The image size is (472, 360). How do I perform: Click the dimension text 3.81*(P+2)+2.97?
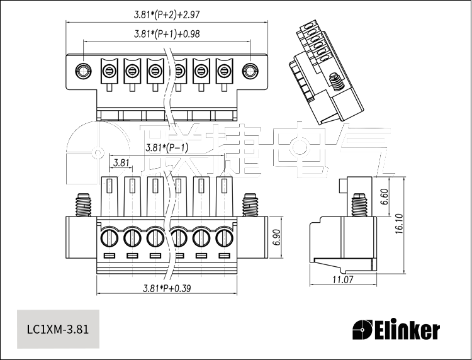(x=167, y=13)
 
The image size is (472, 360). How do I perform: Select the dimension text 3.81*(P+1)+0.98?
(x=167, y=34)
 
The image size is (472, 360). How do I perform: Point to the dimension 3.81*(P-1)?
(x=167, y=149)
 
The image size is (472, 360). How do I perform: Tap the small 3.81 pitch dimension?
(x=121, y=162)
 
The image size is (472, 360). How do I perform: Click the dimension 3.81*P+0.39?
(x=167, y=288)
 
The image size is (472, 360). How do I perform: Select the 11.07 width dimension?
(x=342, y=279)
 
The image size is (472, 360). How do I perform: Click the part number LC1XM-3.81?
(x=58, y=329)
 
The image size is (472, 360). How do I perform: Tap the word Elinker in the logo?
(x=407, y=330)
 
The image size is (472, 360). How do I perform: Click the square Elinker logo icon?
(x=363, y=329)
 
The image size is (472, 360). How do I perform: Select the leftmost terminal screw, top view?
(x=109, y=69)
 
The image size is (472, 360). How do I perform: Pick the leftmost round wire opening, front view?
(x=108, y=238)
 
